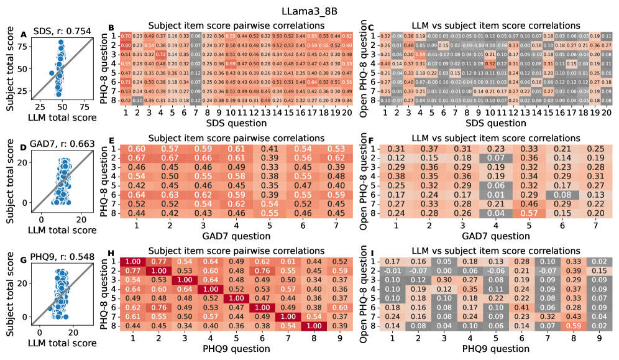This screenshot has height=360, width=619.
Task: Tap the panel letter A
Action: click(23, 34)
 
